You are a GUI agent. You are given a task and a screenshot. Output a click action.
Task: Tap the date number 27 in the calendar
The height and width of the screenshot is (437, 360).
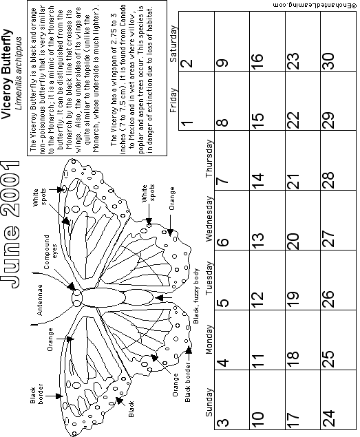[x=328, y=239]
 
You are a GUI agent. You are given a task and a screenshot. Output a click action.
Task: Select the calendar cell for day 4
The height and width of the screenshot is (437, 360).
[x=232, y=340]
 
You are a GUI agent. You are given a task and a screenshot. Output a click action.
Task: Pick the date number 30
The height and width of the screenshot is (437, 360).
[x=328, y=61]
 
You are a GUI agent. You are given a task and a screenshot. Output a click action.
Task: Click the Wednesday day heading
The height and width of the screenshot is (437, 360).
[x=209, y=219]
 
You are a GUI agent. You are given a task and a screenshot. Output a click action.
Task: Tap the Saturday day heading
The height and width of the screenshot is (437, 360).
[x=173, y=44]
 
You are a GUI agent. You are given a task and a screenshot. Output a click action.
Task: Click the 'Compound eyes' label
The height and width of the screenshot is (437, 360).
[x=50, y=252]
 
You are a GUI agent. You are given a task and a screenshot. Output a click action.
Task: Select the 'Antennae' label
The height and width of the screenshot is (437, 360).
[x=40, y=300]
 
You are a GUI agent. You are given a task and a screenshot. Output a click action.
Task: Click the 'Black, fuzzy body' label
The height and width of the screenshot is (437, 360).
[x=196, y=296]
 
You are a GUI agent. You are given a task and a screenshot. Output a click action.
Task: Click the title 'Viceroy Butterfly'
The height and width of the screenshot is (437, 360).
[x=7, y=74]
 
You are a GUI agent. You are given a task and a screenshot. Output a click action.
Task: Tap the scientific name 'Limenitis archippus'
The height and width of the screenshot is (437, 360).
[x=19, y=74]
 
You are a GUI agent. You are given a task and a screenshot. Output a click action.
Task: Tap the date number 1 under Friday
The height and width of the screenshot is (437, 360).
[x=187, y=122]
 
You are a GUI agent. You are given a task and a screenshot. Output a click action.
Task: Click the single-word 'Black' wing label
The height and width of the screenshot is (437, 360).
[x=131, y=409]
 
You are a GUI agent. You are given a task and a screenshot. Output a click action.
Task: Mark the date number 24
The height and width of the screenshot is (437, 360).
[x=328, y=417]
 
